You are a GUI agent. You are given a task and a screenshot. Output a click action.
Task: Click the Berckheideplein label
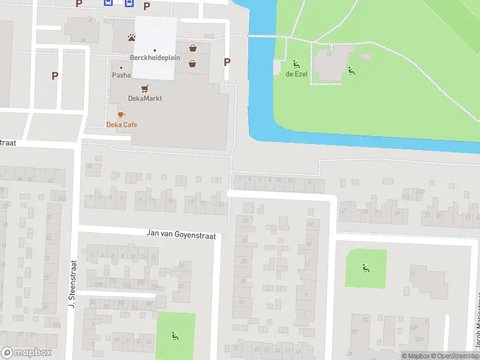coord(155,58)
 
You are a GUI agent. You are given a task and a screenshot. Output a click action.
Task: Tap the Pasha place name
coord(121,76)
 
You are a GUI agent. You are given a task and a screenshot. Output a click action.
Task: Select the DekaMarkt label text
coord(145,98)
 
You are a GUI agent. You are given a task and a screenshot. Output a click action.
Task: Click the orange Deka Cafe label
coord(122,125)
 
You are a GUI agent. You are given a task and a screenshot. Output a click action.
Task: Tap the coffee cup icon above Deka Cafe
coord(121,114)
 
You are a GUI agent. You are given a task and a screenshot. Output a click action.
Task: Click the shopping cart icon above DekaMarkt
coord(145,88)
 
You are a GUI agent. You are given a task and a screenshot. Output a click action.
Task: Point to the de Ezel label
coord(296,74)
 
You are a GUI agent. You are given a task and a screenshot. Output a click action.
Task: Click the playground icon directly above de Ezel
coord(296,64)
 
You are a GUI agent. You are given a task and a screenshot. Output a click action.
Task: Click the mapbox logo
coord(26,353)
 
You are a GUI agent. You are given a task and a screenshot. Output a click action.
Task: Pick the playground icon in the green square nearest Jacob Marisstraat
coord(365,268)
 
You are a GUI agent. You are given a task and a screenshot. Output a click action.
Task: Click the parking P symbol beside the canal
coord(227,62)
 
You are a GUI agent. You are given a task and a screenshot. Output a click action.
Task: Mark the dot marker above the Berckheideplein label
coord(155,50)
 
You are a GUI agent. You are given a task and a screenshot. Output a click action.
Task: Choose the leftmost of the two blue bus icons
coord(108,2)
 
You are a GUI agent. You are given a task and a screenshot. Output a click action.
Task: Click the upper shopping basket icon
coord(193,48)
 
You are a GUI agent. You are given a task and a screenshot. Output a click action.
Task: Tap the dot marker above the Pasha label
coord(121,67)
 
